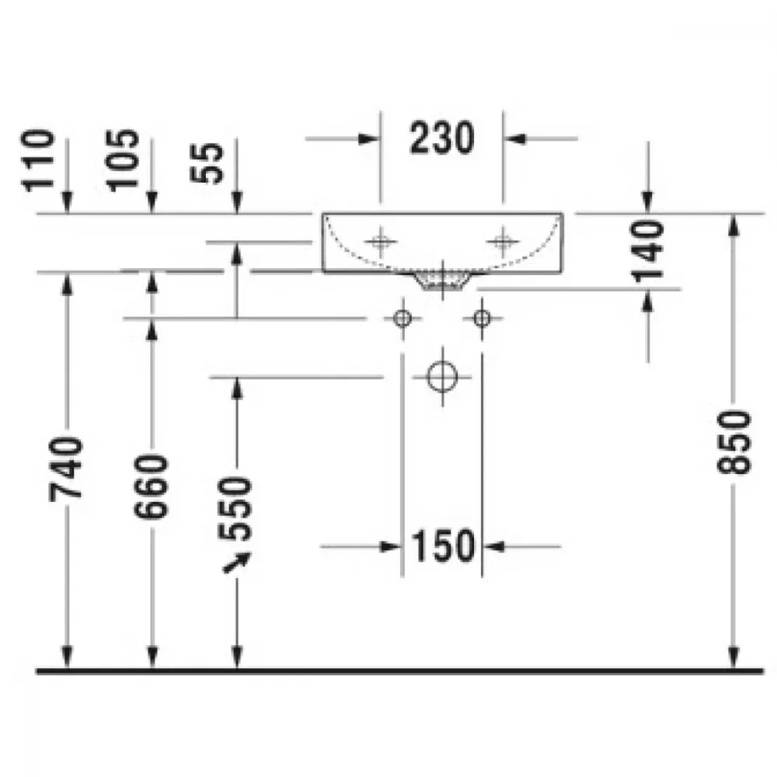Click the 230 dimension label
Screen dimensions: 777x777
[442, 138]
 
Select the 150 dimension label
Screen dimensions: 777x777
[443, 546]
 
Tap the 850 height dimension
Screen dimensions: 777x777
[734, 441]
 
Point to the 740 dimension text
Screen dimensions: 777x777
[66, 469]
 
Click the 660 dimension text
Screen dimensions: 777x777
[152, 486]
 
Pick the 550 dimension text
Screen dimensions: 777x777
[235, 508]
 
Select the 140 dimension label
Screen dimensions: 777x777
[649, 251]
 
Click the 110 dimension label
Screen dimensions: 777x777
[37, 159]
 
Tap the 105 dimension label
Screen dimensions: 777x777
[123, 159]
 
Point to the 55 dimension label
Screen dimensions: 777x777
[207, 163]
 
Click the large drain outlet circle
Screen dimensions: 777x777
[442, 377]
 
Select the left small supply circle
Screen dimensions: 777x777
[402, 318]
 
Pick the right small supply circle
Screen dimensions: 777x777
[482, 318]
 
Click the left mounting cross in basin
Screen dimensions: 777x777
[381, 242]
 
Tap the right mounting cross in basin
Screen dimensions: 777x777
[503, 242]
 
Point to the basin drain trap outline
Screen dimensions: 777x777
[443, 280]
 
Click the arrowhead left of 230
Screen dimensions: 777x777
[369, 139]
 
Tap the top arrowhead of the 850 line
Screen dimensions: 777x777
[734, 225]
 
